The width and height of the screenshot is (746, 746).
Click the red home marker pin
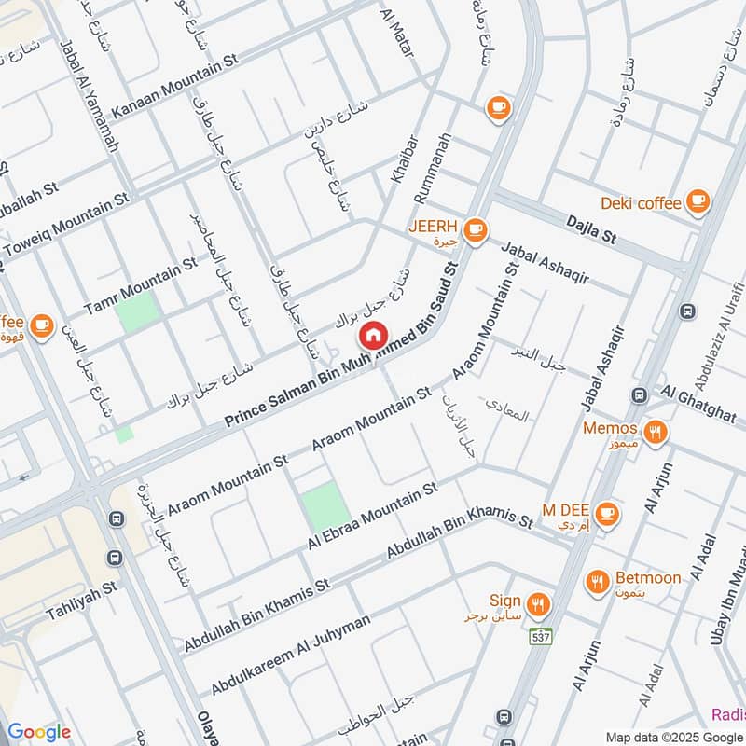373,334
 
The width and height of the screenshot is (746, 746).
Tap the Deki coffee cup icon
697,200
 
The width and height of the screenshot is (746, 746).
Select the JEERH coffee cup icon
476,229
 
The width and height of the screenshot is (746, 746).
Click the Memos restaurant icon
656,431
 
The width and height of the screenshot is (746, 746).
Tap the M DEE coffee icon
607,512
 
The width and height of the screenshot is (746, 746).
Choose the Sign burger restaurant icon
537,602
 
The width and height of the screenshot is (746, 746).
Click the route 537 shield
540,636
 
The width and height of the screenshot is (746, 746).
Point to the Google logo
39,731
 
